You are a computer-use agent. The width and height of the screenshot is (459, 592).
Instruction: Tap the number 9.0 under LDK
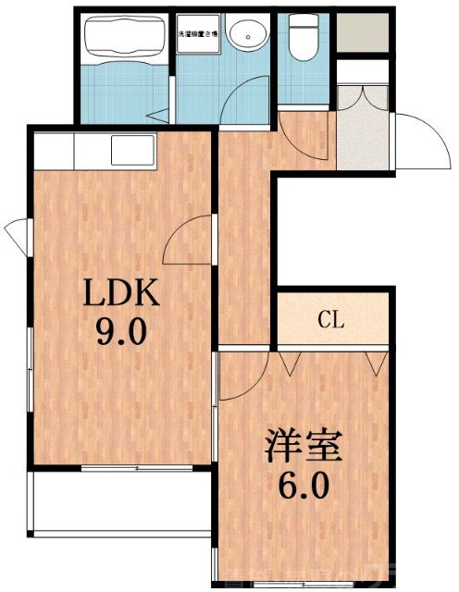[x=122, y=331]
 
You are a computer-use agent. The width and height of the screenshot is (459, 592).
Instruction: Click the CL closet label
[x=331, y=321]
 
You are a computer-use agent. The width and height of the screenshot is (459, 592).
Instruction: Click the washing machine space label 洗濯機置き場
[x=197, y=33]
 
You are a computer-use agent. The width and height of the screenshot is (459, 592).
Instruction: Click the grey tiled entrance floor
[x=364, y=143]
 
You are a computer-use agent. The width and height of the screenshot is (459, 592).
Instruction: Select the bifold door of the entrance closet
[x=364, y=95]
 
